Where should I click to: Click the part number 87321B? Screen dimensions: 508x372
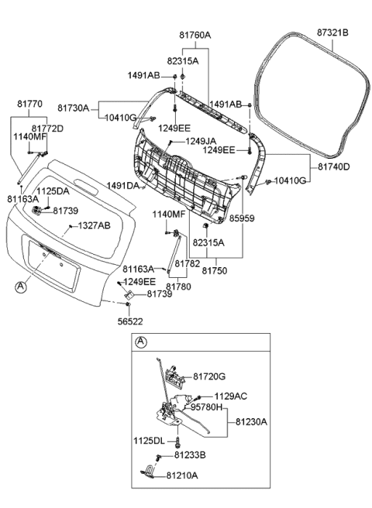[332, 33]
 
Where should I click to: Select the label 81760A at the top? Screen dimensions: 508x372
[195, 35]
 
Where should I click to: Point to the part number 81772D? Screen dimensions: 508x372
[47, 128]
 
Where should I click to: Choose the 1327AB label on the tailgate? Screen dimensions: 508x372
[93, 225]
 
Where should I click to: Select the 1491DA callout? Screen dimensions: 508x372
[123, 186]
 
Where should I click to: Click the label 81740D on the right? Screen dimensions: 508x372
[333, 166]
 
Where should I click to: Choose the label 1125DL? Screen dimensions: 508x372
[149, 440]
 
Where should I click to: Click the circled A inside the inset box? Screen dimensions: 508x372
[140, 342]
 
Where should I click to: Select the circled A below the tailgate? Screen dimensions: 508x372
[20, 287]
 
